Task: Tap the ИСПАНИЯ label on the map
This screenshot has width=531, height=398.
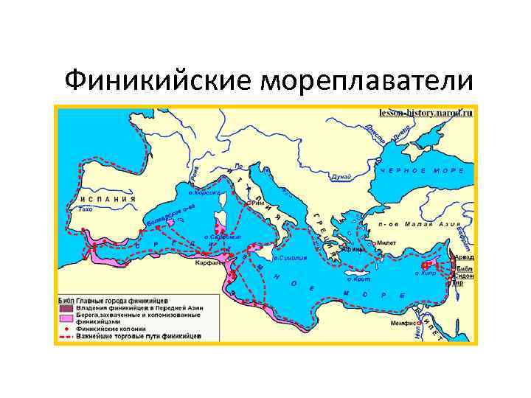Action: click(103, 199)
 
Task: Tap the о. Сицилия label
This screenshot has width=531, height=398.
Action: click(288, 258)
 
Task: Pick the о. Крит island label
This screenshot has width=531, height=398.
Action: click(358, 279)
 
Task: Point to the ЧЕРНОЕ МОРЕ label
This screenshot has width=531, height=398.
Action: click(422, 170)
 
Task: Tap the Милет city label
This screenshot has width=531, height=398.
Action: click(388, 242)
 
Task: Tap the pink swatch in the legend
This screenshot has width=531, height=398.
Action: click(65, 318)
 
